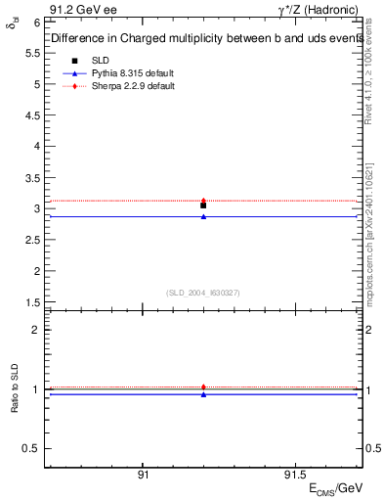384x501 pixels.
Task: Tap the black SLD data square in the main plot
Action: point(203,205)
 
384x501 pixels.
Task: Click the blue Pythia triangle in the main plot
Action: point(203,216)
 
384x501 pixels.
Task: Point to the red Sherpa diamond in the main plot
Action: point(203,200)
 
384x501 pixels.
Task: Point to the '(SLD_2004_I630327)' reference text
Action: point(203,292)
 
